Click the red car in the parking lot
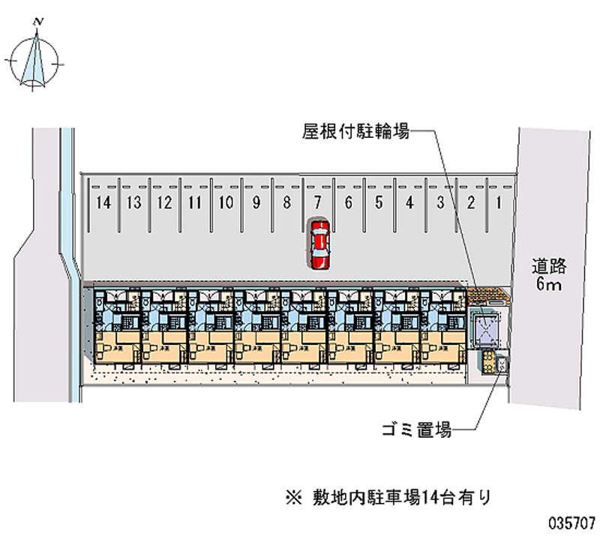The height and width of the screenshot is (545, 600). tap(319, 244)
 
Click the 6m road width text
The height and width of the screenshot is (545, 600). tap(549, 286)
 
